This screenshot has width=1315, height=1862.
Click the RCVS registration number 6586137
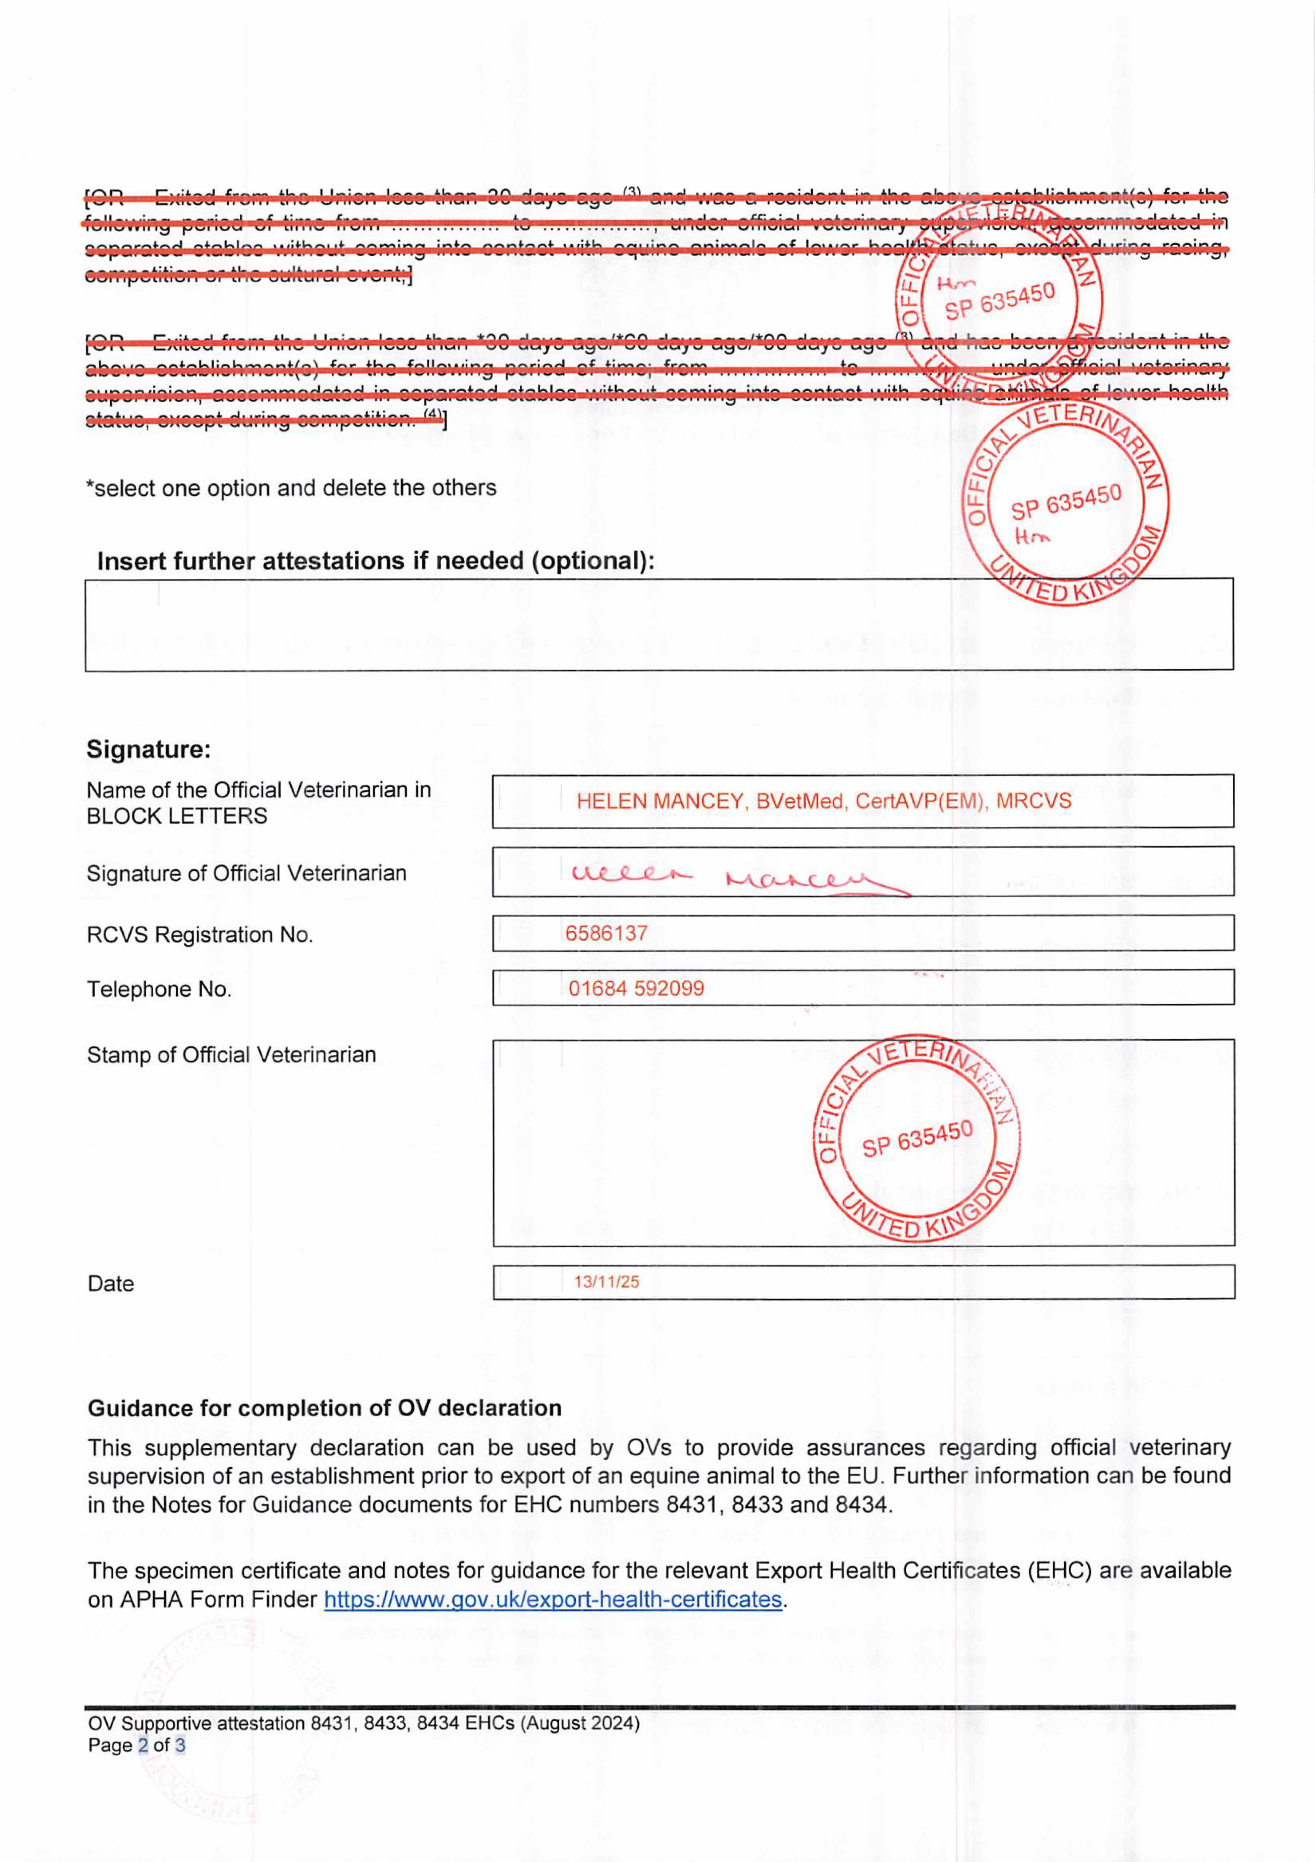[x=606, y=934]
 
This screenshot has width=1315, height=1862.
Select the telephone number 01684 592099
[x=636, y=989]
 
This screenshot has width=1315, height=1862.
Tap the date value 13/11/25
[x=606, y=1282]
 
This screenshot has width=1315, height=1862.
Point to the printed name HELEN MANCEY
[x=659, y=801]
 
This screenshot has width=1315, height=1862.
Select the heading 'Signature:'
[x=148, y=749]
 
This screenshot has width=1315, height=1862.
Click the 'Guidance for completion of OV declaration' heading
[x=325, y=1408]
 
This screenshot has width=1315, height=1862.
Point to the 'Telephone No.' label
[x=159, y=989]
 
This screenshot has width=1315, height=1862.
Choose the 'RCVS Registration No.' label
[x=200, y=935]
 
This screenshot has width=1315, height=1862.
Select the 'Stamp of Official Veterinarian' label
[x=231, y=1055]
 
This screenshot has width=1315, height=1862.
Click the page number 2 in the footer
[x=143, y=1745]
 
